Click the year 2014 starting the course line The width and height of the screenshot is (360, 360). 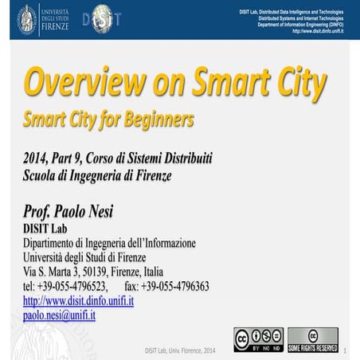click(x=37, y=155)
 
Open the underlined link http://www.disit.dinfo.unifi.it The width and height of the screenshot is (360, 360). click(x=78, y=301)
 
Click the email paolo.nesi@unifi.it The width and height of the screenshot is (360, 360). click(x=59, y=315)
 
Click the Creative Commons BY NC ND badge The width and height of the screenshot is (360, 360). click(x=258, y=339)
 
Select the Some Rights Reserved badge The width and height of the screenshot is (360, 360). click(x=312, y=339)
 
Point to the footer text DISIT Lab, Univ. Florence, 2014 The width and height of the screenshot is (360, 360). click(x=180, y=350)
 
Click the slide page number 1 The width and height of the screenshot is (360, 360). click(x=352, y=350)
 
